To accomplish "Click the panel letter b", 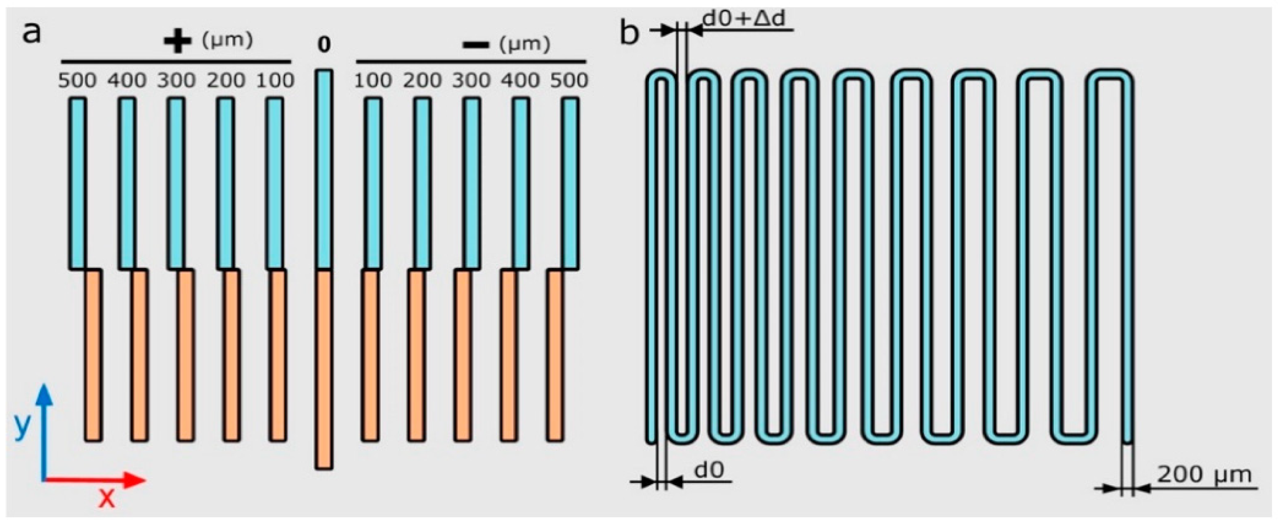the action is (630, 34).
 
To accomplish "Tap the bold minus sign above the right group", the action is (475, 45).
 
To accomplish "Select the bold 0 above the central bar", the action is (324, 45).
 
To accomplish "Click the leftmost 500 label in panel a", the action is (77, 81).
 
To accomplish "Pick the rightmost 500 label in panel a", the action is (569, 81).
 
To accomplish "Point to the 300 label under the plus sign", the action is (176, 81).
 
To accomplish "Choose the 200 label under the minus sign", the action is (422, 81).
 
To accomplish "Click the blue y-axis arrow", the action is (45, 432).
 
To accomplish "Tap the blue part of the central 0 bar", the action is (324, 169).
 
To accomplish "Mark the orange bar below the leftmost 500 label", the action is (93, 355).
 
